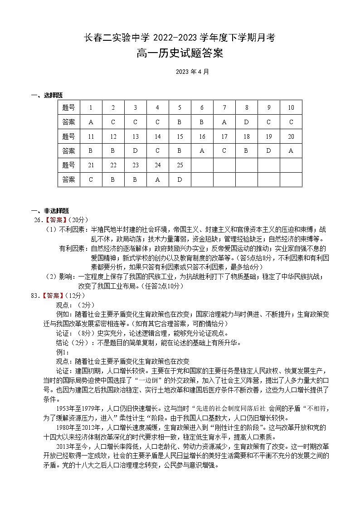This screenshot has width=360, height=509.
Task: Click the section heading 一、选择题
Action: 47,95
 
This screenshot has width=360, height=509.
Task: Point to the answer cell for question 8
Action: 246,122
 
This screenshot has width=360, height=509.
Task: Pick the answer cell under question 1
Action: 91,122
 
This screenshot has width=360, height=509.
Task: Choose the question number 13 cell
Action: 135,136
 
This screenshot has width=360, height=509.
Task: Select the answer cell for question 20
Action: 291,151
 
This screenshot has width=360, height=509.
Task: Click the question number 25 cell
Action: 180,165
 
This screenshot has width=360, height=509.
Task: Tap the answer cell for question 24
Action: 157,179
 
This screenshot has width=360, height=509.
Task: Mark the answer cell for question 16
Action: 202,151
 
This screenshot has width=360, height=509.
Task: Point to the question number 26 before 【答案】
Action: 37,220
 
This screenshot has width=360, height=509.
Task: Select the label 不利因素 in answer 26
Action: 73,229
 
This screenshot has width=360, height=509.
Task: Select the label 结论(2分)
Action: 72,342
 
